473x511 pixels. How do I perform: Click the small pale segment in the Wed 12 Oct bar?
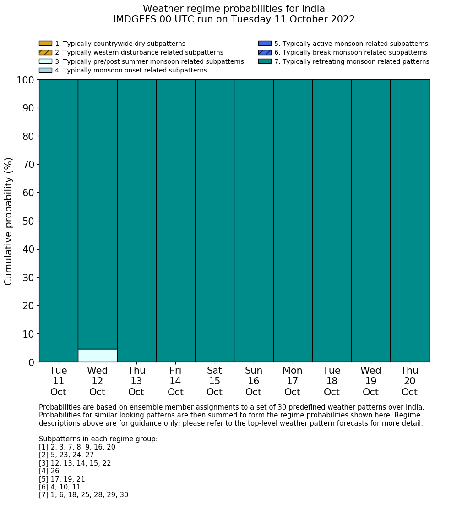click(98, 355)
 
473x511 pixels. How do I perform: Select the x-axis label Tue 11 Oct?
click(58, 381)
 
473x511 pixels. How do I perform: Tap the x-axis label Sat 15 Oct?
click(214, 381)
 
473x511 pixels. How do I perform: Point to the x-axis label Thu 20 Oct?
click(409, 381)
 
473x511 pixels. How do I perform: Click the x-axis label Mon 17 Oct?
click(293, 381)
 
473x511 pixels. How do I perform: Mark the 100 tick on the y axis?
click(26, 80)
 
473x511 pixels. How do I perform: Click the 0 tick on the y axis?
click(31, 362)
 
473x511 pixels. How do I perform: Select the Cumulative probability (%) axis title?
click(9, 221)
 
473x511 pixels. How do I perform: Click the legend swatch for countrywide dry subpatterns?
click(45, 44)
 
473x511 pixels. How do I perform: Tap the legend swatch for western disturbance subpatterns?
click(45, 52)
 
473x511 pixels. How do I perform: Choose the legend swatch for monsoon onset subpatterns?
click(45, 70)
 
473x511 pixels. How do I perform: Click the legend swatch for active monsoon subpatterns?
click(265, 44)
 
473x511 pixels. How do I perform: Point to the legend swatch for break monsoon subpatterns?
click(265, 52)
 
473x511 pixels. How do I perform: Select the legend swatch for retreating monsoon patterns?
click(265, 61)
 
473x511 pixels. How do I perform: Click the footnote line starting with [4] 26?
click(49, 471)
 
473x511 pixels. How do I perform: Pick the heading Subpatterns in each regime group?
click(98, 439)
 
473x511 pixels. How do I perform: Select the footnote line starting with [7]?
click(83, 495)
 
